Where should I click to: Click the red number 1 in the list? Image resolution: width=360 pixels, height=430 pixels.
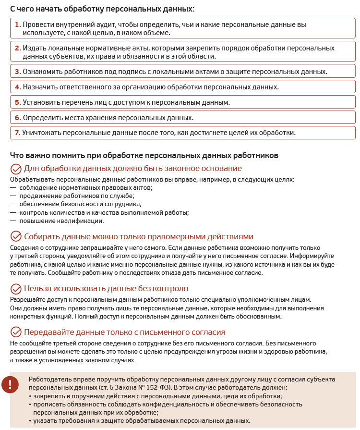click(17, 25)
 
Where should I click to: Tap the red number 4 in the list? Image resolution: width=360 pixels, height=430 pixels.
click(17, 87)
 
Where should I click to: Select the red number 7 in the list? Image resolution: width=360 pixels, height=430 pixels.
click(17, 133)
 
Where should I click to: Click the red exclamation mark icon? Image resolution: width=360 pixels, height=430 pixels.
click(10, 384)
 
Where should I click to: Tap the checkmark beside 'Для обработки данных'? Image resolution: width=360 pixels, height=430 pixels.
click(16, 169)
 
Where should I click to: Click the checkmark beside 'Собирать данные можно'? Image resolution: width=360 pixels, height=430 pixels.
click(16, 237)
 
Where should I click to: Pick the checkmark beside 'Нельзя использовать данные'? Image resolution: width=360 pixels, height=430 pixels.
click(16, 289)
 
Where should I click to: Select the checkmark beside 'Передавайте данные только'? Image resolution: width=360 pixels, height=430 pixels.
click(16, 332)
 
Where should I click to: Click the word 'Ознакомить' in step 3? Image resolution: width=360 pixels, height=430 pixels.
click(43, 72)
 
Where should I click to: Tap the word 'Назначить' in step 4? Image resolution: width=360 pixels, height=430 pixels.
click(40, 87)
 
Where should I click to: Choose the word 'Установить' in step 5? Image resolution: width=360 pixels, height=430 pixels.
click(41, 102)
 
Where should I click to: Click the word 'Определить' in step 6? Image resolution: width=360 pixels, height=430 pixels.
click(41, 118)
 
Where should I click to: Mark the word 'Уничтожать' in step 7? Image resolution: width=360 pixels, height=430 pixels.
click(42, 133)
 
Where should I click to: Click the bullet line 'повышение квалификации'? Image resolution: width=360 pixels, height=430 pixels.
click(61, 221)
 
